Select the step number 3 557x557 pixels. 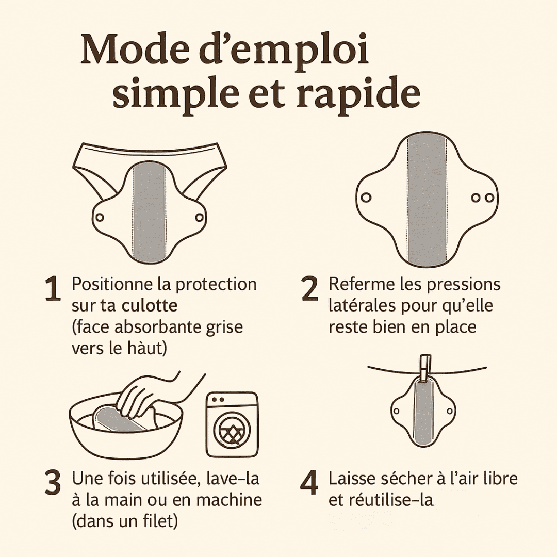click(53, 483)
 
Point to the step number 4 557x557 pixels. click(309, 483)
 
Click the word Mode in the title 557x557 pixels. click(135, 50)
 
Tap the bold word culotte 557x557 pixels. click(150, 305)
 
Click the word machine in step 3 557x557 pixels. click(229, 500)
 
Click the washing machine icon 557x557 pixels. click(232, 424)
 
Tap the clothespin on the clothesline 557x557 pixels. click(425, 369)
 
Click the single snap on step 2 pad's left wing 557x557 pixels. click(366, 197)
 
